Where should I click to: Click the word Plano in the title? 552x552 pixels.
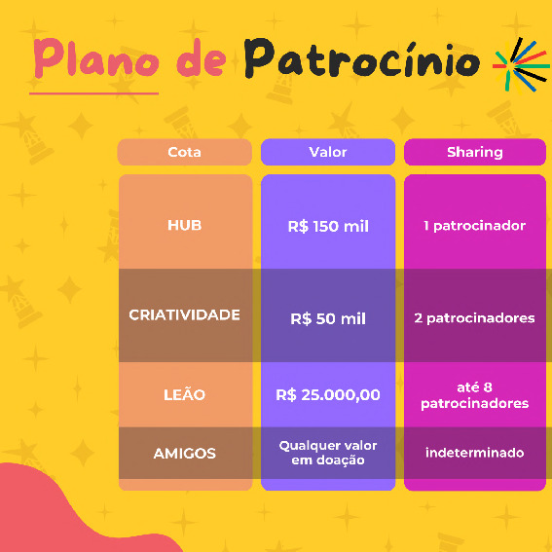coord(96,57)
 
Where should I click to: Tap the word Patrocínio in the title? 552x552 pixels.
coord(362,58)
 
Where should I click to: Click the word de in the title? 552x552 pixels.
coord(201,57)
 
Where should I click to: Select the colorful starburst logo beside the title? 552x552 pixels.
coord(521,65)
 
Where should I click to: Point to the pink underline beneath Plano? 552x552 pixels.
coord(94,93)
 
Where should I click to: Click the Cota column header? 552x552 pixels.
coord(184,152)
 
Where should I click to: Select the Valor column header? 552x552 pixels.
coord(328,152)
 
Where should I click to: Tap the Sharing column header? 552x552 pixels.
coord(475,152)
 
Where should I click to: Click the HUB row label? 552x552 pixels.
coord(184,225)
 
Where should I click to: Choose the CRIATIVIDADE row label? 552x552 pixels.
coord(184,314)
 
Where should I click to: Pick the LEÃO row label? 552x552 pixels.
coord(184,394)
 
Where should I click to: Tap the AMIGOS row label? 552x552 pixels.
coord(184,454)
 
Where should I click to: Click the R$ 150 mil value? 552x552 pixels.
coord(328,226)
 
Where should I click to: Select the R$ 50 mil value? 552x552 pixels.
coord(328,318)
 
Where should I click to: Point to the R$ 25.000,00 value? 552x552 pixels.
coord(328,394)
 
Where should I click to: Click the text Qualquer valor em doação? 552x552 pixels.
coord(328,453)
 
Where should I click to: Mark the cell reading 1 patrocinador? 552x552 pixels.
coord(475,226)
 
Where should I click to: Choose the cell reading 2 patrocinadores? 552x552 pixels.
coord(475,318)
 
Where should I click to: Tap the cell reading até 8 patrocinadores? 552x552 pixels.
coord(475,395)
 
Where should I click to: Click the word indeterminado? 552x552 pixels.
coord(475,453)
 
